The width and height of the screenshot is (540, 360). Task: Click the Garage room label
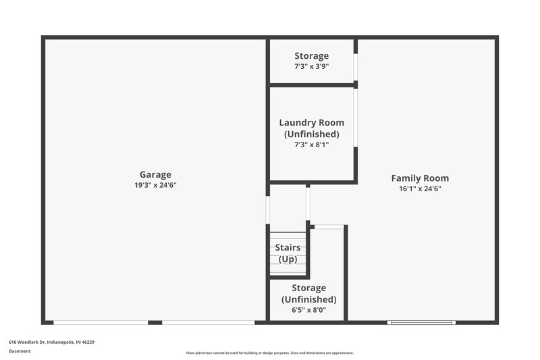pos(155,174)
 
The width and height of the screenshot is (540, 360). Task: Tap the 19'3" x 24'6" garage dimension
pos(155,185)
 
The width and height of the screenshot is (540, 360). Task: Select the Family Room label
pos(420,178)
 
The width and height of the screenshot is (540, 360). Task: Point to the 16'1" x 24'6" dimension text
pos(420,189)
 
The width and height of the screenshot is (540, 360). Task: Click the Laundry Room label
pos(312,123)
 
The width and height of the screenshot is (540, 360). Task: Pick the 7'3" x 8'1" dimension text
pos(312,145)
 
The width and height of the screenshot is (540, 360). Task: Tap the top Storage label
pos(312,56)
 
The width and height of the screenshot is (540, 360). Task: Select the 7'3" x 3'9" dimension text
pos(312,67)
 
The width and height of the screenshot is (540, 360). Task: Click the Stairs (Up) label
pos(288,253)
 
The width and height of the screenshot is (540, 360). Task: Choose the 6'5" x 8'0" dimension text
pos(308,311)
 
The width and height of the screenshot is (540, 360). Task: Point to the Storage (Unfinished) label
pos(308,294)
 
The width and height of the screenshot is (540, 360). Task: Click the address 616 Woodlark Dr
pos(51,342)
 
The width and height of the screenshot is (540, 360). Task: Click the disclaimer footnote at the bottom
pos(270,353)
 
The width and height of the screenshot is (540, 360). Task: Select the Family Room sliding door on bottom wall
pos(421,323)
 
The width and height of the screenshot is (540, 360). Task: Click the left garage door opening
pos(101,323)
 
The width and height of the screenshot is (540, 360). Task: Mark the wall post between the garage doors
pos(155,323)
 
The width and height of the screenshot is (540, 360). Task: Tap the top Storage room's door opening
pos(356,67)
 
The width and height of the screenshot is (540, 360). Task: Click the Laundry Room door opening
pos(356,119)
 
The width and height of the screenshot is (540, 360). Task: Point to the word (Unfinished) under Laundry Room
pos(312,134)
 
